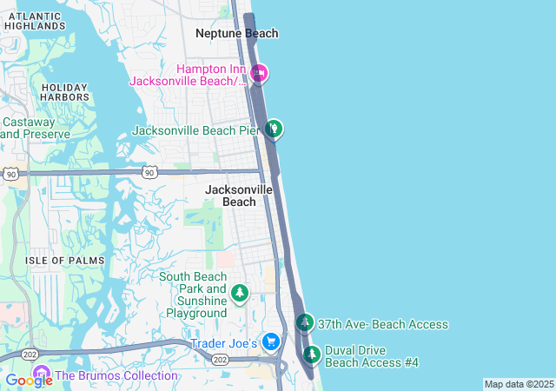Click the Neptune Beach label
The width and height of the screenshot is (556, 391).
(236, 33)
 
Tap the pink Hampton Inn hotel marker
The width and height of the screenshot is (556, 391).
(258, 74)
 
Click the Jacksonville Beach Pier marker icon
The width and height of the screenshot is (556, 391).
(274, 129)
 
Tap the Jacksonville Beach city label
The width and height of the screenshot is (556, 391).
(239, 195)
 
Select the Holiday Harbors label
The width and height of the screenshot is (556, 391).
(64, 92)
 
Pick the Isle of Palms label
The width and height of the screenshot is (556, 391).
(64, 261)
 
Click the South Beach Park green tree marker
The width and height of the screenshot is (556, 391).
(240, 294)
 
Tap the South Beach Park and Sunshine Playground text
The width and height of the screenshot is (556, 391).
(192, 295)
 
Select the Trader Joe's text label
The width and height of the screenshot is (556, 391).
(223, 344)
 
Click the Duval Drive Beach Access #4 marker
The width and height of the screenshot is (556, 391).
(311, 355)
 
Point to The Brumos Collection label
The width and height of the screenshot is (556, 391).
(116, 376)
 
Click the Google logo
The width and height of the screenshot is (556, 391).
(29, 380)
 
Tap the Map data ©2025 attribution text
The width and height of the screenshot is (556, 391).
(518, 384)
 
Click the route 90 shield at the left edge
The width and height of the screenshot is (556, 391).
(10, 175)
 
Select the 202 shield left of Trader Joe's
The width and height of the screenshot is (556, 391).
(220, 360)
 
